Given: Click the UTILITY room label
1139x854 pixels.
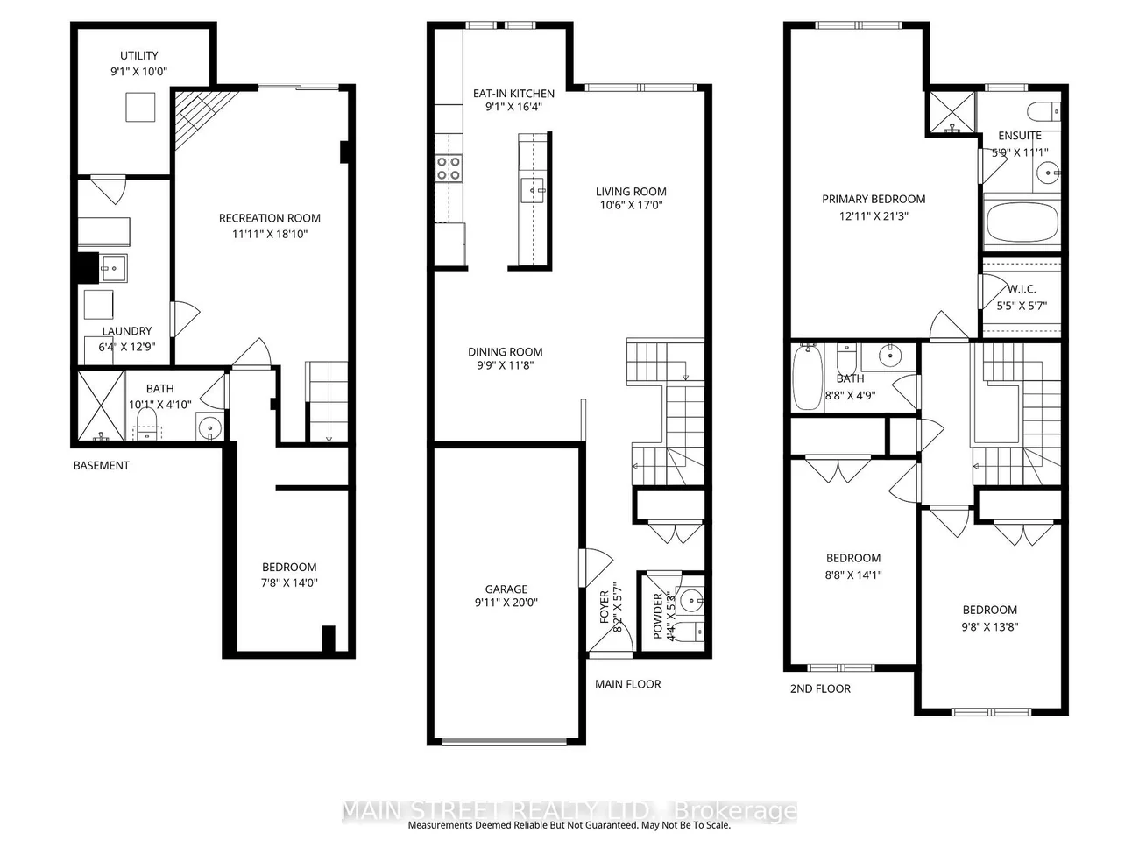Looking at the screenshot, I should click(x=139, y=55).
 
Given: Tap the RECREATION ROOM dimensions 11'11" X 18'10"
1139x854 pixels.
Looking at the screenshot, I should click(x=269, y=234).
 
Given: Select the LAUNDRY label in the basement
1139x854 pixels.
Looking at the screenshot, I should click(x=127, y=331).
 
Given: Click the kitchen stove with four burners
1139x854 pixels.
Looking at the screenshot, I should click(x=449, y=168).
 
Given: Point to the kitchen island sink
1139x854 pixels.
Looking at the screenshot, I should click(x=532, y=189).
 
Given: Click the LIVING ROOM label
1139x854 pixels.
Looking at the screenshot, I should click(x=631, y=192).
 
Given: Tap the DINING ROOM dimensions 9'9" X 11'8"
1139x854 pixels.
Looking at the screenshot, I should click(x=506, y=366).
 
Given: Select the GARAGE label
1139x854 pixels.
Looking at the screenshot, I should click(x=506, y=589).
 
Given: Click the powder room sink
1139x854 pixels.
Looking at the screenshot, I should click(x=690, y=601).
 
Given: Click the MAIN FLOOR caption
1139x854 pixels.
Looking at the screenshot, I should click(x=627, y=684).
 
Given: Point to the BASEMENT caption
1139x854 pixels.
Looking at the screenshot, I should click(x=101, y=465).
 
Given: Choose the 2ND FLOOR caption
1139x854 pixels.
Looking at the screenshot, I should click(x=820, y=688).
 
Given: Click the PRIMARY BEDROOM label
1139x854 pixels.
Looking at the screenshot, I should click(x=874, y=199).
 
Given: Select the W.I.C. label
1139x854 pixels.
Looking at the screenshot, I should click(x=1022, y=289).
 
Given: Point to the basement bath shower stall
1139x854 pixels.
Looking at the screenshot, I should click(x=98, y=406).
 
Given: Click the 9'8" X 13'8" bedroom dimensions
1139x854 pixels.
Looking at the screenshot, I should click(x=990, y=626).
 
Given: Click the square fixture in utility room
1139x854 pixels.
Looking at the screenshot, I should click(x=139, y=107).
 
